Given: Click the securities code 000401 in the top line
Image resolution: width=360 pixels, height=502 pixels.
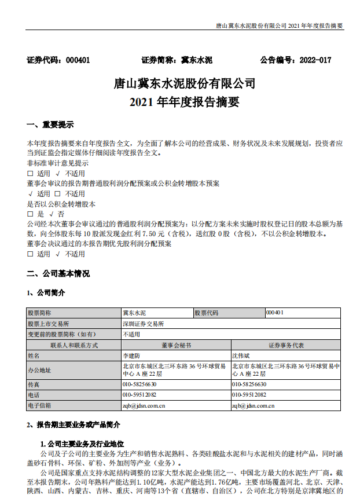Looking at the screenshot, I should (78, 60).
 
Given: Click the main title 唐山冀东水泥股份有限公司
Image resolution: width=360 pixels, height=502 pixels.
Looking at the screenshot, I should (184, 83).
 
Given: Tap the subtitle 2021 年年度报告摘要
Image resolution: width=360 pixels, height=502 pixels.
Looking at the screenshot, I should (184, 102).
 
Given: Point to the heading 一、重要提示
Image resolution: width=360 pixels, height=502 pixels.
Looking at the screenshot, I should (50, 125).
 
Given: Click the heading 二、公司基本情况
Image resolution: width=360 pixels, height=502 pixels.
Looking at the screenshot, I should (58, 273).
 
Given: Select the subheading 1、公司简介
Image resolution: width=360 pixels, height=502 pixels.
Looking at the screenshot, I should (46, 292).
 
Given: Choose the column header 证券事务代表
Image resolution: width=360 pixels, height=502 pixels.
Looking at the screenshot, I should (286, 345).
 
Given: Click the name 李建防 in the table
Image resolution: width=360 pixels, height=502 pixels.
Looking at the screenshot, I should (131, 355).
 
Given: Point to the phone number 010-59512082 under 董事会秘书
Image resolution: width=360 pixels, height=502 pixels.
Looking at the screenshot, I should (139, 395).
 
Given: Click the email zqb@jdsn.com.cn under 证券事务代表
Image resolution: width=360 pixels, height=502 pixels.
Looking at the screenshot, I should (253, 406).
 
